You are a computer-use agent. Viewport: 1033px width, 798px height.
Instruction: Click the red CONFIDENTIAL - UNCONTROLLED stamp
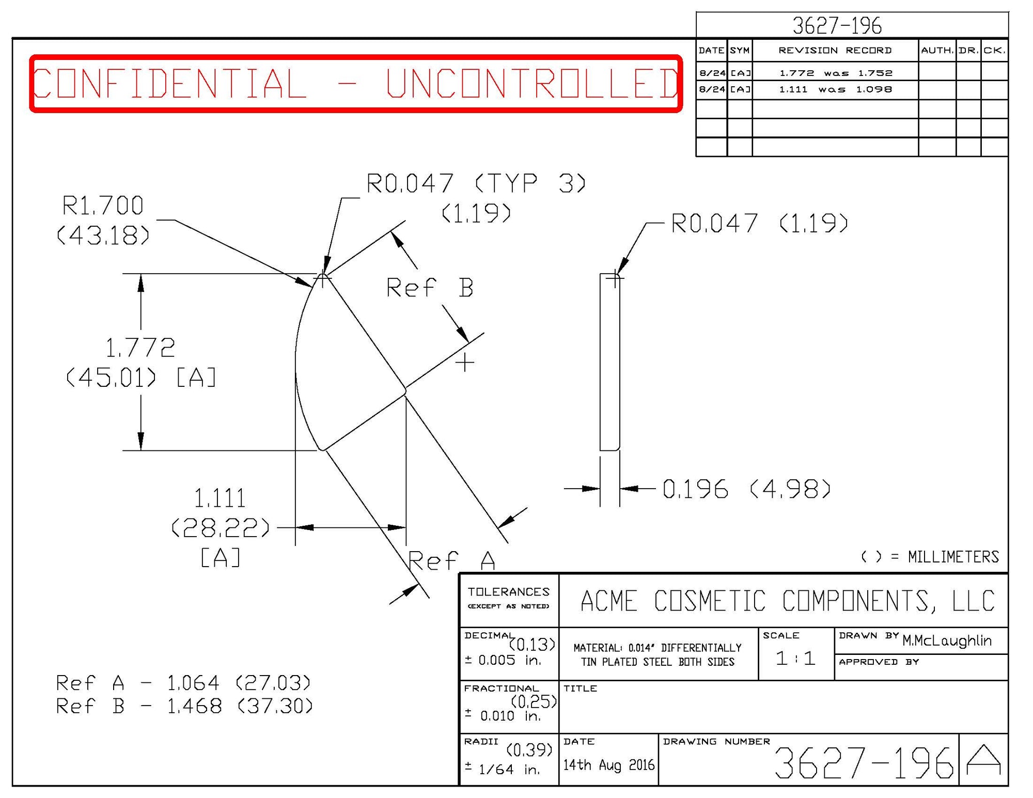coord(356,83)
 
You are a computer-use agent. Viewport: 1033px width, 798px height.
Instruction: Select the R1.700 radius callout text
coord(103,206)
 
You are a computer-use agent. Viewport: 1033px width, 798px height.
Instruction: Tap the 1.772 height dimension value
coord(140,348)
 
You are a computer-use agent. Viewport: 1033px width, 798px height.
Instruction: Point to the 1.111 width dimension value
coord(220,498)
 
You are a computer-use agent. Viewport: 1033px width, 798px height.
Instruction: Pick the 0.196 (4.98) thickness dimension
coord(746,489)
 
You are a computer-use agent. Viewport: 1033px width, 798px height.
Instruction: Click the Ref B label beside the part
coord(430,288)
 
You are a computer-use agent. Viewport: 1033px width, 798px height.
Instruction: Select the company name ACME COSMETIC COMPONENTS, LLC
coord(788,601)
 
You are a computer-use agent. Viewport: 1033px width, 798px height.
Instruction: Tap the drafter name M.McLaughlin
coord(947,641)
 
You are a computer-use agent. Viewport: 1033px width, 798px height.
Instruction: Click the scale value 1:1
coord(795,658)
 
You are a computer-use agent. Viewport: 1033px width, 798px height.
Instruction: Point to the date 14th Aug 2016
coord(608,764)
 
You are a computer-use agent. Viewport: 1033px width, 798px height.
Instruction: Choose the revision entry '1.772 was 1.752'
coord(836,73)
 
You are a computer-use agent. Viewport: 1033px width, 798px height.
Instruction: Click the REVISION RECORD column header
coord(835,51)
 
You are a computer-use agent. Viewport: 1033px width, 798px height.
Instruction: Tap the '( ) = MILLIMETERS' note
coord(930,557)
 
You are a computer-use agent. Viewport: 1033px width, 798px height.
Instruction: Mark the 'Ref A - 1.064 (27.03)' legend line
coord(183,683)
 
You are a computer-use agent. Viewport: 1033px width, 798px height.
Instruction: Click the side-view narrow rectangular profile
coord(609,362)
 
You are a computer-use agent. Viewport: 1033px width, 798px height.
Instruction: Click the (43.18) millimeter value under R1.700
coord(103,236)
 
